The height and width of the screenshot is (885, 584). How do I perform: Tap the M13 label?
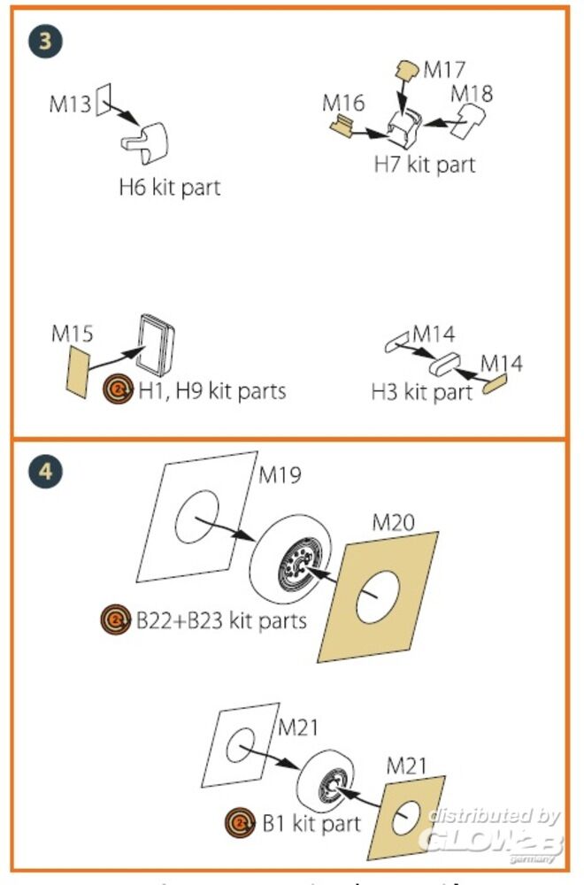pos(70,105)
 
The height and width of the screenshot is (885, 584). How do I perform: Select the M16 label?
pos(343,104)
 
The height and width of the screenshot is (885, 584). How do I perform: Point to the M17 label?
pos(444,69)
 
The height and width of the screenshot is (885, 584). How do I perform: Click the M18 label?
pos(471,93)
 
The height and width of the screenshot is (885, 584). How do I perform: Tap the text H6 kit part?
pos(169,187)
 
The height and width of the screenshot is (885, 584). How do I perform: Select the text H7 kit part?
pos(424,164)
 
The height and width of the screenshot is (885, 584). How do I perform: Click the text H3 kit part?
pos(422,391)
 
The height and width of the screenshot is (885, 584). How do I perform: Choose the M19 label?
pos(280,475)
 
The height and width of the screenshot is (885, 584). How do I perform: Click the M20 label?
pos(393,522)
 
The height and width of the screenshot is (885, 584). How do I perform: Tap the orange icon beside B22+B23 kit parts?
pos(115,619)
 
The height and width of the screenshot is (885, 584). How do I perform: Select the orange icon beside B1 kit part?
pos(240,823)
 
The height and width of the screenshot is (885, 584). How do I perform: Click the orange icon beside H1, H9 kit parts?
pos(118,390)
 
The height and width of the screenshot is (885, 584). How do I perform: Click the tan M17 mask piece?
pos(407,68)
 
